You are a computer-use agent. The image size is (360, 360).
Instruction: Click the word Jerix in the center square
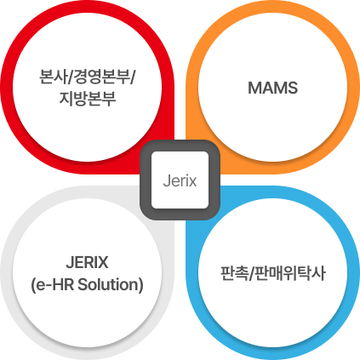coord(180,180)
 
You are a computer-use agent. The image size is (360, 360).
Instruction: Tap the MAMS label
coord(273,88)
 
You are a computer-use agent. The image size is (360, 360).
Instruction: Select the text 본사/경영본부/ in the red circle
coord(88,76)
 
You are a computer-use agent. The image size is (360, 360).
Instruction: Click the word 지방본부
coord(88,99)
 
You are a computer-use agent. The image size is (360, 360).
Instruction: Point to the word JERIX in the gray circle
coord(87,262)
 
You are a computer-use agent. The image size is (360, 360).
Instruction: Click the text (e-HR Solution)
coord(87,284)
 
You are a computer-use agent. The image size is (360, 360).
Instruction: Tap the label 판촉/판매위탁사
coord(273,273)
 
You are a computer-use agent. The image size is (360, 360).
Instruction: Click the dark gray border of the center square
coord(146,180)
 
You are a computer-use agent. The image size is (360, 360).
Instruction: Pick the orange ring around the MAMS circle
coord(353,87)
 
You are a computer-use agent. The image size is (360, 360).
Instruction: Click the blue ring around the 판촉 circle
coord(353,273)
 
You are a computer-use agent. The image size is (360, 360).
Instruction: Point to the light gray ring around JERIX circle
coord(7,273)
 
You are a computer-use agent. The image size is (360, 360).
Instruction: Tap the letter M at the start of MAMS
coord(254,88)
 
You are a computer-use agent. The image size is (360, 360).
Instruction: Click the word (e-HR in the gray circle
coord(53,284)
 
